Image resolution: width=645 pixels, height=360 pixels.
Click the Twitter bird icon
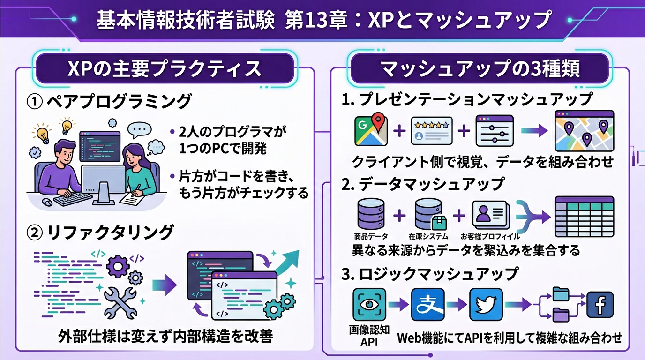[x=486, y=305]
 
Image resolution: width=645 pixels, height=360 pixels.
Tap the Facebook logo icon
[x=600, y=305]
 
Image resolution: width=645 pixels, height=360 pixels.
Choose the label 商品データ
[x=371, y=236]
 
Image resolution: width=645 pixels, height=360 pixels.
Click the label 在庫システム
[x=428, y=236]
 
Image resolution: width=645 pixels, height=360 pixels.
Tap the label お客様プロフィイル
[x=490, y=236]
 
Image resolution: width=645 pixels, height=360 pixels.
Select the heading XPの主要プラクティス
[x=165, y=69]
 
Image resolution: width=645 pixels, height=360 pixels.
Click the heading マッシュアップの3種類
[x=480, y=69]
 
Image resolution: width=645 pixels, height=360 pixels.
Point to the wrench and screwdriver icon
[x=120, y=302]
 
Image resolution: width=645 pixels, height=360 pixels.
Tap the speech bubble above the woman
[x=139, y=130]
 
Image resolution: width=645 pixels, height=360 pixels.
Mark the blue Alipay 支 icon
[x=427, y=305]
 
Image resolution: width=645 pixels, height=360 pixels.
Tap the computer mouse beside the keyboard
[x=46, y=202]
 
